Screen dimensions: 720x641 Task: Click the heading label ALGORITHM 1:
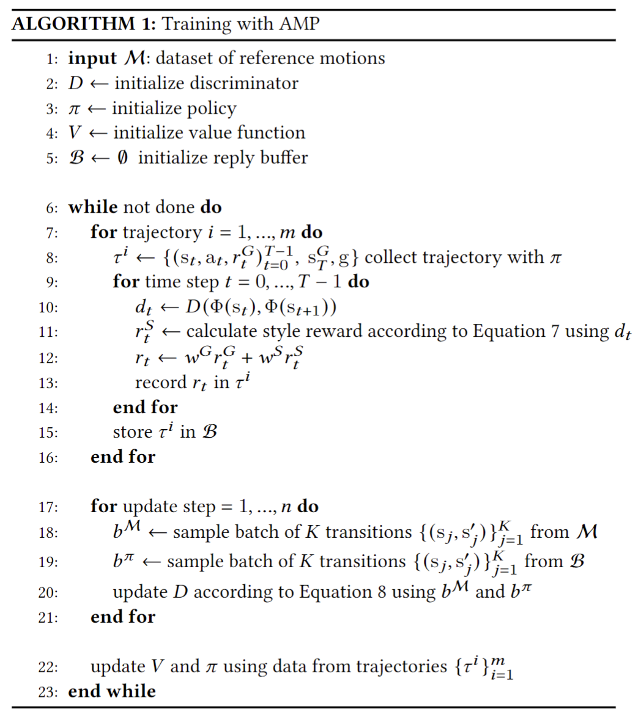[84, 24]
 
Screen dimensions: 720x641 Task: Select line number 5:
[52, 158]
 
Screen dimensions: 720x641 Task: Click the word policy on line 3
[212, 109]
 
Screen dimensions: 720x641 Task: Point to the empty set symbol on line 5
[123, 158]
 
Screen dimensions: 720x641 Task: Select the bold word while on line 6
[92, 207]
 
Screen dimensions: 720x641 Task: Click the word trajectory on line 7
[161, 233]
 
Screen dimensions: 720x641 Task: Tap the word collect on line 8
[393, 257]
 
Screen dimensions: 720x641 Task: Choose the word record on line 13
[161, 383]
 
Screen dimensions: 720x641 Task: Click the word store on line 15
[132, 432]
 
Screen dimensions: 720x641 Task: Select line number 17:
[48, 507]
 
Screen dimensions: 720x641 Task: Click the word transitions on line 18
[368, 532]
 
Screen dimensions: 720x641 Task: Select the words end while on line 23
[112, 691]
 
